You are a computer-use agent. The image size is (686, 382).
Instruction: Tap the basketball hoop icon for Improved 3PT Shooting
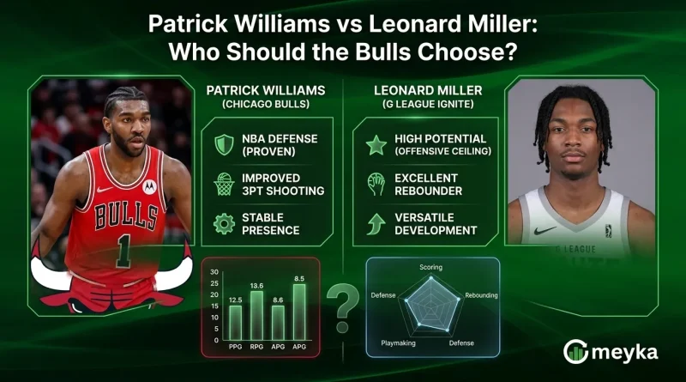click(x=223, y=184)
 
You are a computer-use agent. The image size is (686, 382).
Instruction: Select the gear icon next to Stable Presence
click(x=224, y=223)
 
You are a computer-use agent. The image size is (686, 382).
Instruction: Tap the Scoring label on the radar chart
click(x=430, y=267)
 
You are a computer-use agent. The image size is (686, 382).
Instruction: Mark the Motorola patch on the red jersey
click(x=149, y=185)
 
